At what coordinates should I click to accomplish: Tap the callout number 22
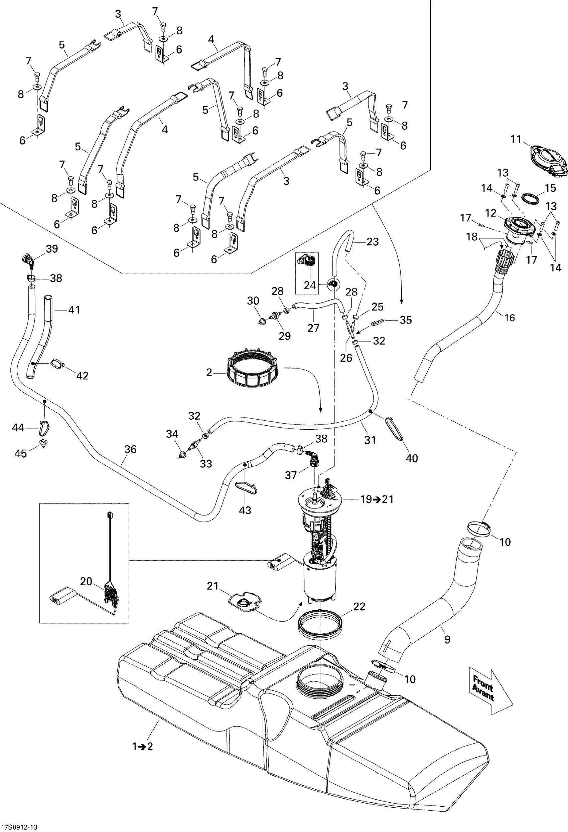[359, 606]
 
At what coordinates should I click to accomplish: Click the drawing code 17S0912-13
[19, 827]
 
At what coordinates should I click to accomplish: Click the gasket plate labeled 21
[245, 603]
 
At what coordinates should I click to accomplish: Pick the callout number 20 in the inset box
[86, 582]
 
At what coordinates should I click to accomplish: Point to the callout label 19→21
[377, 499]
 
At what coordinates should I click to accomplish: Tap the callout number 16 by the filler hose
[509, 317]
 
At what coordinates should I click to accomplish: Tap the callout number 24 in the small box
[310, 285]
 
